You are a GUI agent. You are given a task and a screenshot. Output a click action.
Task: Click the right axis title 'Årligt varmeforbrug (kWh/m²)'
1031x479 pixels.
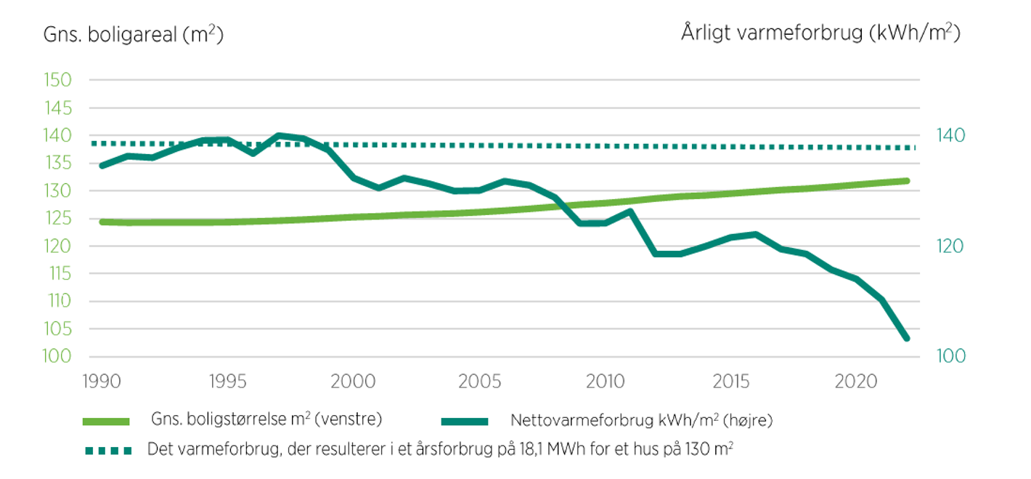pyautogui.click(x=820, y=33)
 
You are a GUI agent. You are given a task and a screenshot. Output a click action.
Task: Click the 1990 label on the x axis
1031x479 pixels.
pyautogui.click(x=99, y=380)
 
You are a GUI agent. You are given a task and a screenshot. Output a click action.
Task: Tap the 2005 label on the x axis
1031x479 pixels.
pyautogui.click(x=478, y=380)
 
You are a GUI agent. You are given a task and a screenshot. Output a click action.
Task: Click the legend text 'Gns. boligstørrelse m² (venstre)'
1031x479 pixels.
pyautogui.click(x=266, y=419)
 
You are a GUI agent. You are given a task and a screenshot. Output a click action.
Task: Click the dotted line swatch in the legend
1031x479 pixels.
pyautogui.click(x=107, y=450)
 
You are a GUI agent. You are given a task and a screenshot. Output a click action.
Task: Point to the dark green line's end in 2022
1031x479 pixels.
pyautogui.click(x=907, y=338)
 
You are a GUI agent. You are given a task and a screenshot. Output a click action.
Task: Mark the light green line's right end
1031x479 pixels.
pyautogui.click(x=907, y=180)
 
